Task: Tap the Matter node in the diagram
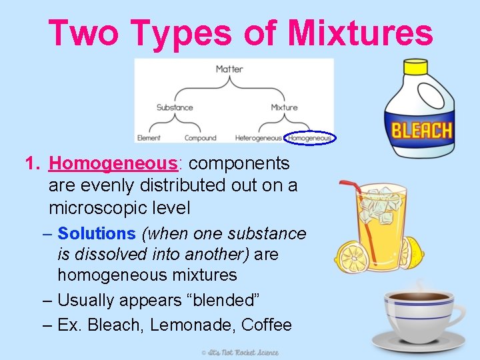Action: pyautogui.click(x=229, y=69)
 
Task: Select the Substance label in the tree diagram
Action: pyautogui.click(x=175, y=107)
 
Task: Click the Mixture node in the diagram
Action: pyautogui.click(x=284, y=107)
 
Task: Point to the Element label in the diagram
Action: pyautogui.click(x=149, y=138)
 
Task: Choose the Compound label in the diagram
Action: pyautogui.click(x=200, y=138)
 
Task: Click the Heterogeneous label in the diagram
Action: pyautogui.click(x=259, y=138)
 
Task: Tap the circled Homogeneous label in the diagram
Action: pyautogui.click(x=310, y=138)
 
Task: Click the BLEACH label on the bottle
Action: pyautogui.click(x=421, y=129)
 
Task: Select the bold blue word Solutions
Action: pyautogui.click(x=97, y=233)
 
